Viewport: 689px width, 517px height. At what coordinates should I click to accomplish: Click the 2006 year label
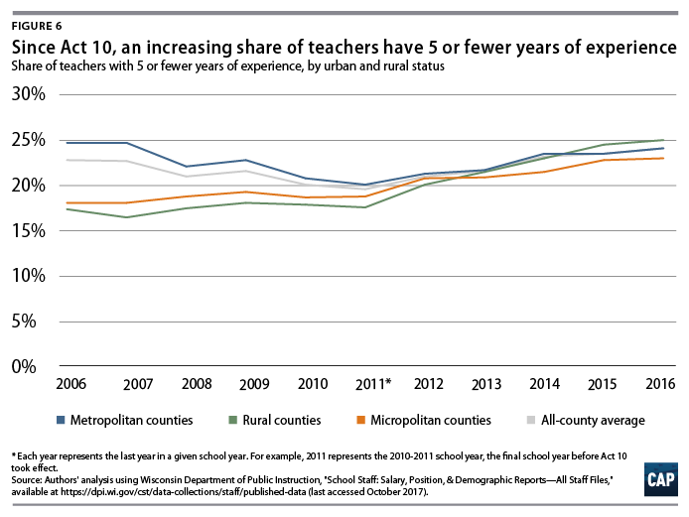[x=70, y=384]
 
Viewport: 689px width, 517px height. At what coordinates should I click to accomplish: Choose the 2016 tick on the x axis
[x=661, y=384]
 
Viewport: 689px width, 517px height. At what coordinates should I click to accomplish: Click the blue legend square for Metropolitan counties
[x=62, y=420]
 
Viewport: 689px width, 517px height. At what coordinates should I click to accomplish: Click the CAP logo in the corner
[x=657, y=479]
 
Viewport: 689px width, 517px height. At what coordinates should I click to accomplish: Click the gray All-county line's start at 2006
[x=68, y=160]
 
